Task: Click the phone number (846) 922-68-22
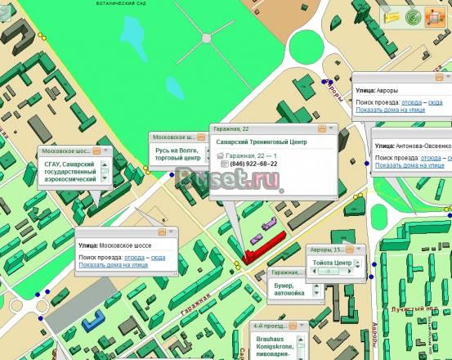pyautogui.click(x=253, y=164)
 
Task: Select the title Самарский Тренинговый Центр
pyautogui.click(x=261, y=142)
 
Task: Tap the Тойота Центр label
pyautogui.click(x=331, y=263)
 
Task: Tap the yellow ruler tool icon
pyautogui.click(x=394, y=16)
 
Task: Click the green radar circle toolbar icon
pyautogui.click(x=414, y=16)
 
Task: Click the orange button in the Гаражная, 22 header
pyautogui.click(x=322, y=128)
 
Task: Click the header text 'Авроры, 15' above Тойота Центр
pyautogui.click(x=324, y=250)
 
